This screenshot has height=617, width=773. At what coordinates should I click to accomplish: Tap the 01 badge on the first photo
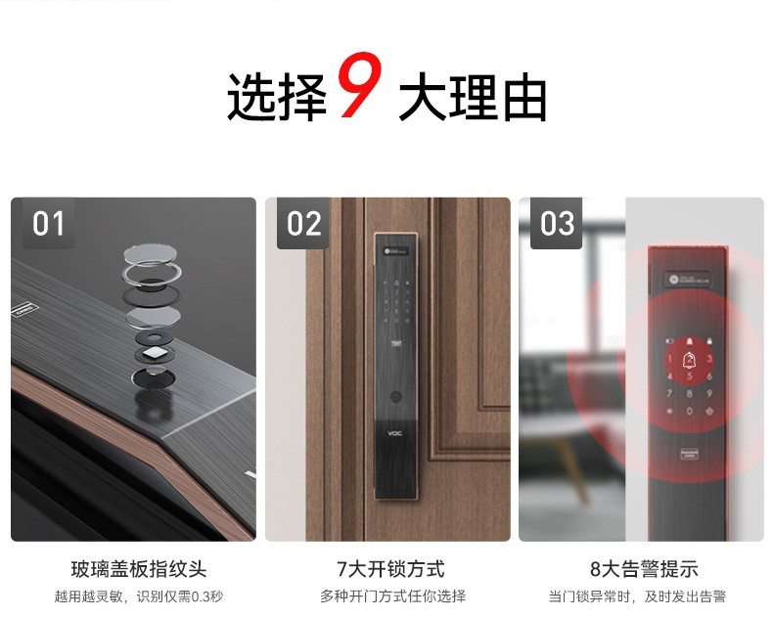48,224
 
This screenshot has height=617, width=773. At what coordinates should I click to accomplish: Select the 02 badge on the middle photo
303,224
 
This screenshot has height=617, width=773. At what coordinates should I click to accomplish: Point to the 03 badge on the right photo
557,224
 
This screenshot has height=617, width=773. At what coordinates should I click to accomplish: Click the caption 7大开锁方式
390,569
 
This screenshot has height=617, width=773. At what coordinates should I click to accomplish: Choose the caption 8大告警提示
643,569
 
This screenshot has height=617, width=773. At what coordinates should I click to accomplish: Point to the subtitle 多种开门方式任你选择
391,595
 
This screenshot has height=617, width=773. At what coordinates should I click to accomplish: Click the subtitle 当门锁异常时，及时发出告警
643,595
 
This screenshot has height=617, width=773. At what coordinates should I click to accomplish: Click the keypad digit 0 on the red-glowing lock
690,412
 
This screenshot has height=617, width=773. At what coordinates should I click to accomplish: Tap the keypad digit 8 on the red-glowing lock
690,394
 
